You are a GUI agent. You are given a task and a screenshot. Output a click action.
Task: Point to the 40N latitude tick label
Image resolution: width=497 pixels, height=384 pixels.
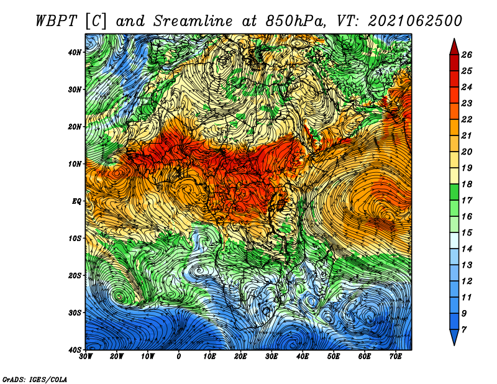75,52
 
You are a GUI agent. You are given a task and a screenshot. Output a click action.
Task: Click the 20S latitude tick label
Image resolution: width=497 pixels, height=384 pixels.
75,275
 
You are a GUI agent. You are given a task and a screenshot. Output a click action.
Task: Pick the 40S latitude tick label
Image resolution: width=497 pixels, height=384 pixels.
75,350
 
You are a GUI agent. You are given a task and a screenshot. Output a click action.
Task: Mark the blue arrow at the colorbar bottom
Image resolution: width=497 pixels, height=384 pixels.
454,337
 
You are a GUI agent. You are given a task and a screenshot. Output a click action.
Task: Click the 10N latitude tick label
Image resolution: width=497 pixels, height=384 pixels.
75,164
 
